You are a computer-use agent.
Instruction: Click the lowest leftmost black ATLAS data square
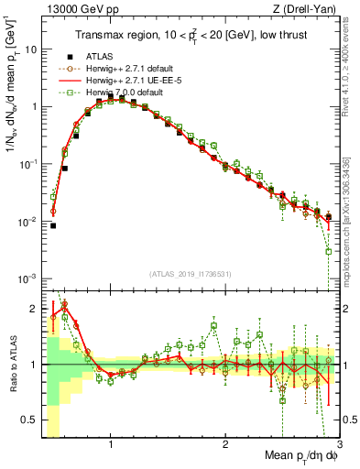point(53,225)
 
